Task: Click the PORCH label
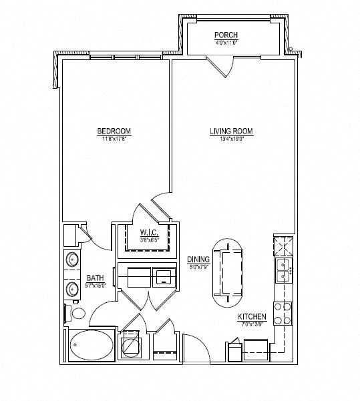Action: point(226,35)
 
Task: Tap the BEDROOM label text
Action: point(113,131)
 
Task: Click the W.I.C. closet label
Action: point(148,233)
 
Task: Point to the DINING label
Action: point(199,260)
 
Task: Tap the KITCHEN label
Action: point(252,317)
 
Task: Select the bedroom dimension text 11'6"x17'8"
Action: point(113,139)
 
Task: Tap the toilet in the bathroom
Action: point(75,313)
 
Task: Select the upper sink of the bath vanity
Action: point(71,260)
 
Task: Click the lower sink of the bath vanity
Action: point(71,289)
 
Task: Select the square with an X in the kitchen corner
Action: point(284,246)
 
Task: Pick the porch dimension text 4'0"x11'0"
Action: point(226,43)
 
